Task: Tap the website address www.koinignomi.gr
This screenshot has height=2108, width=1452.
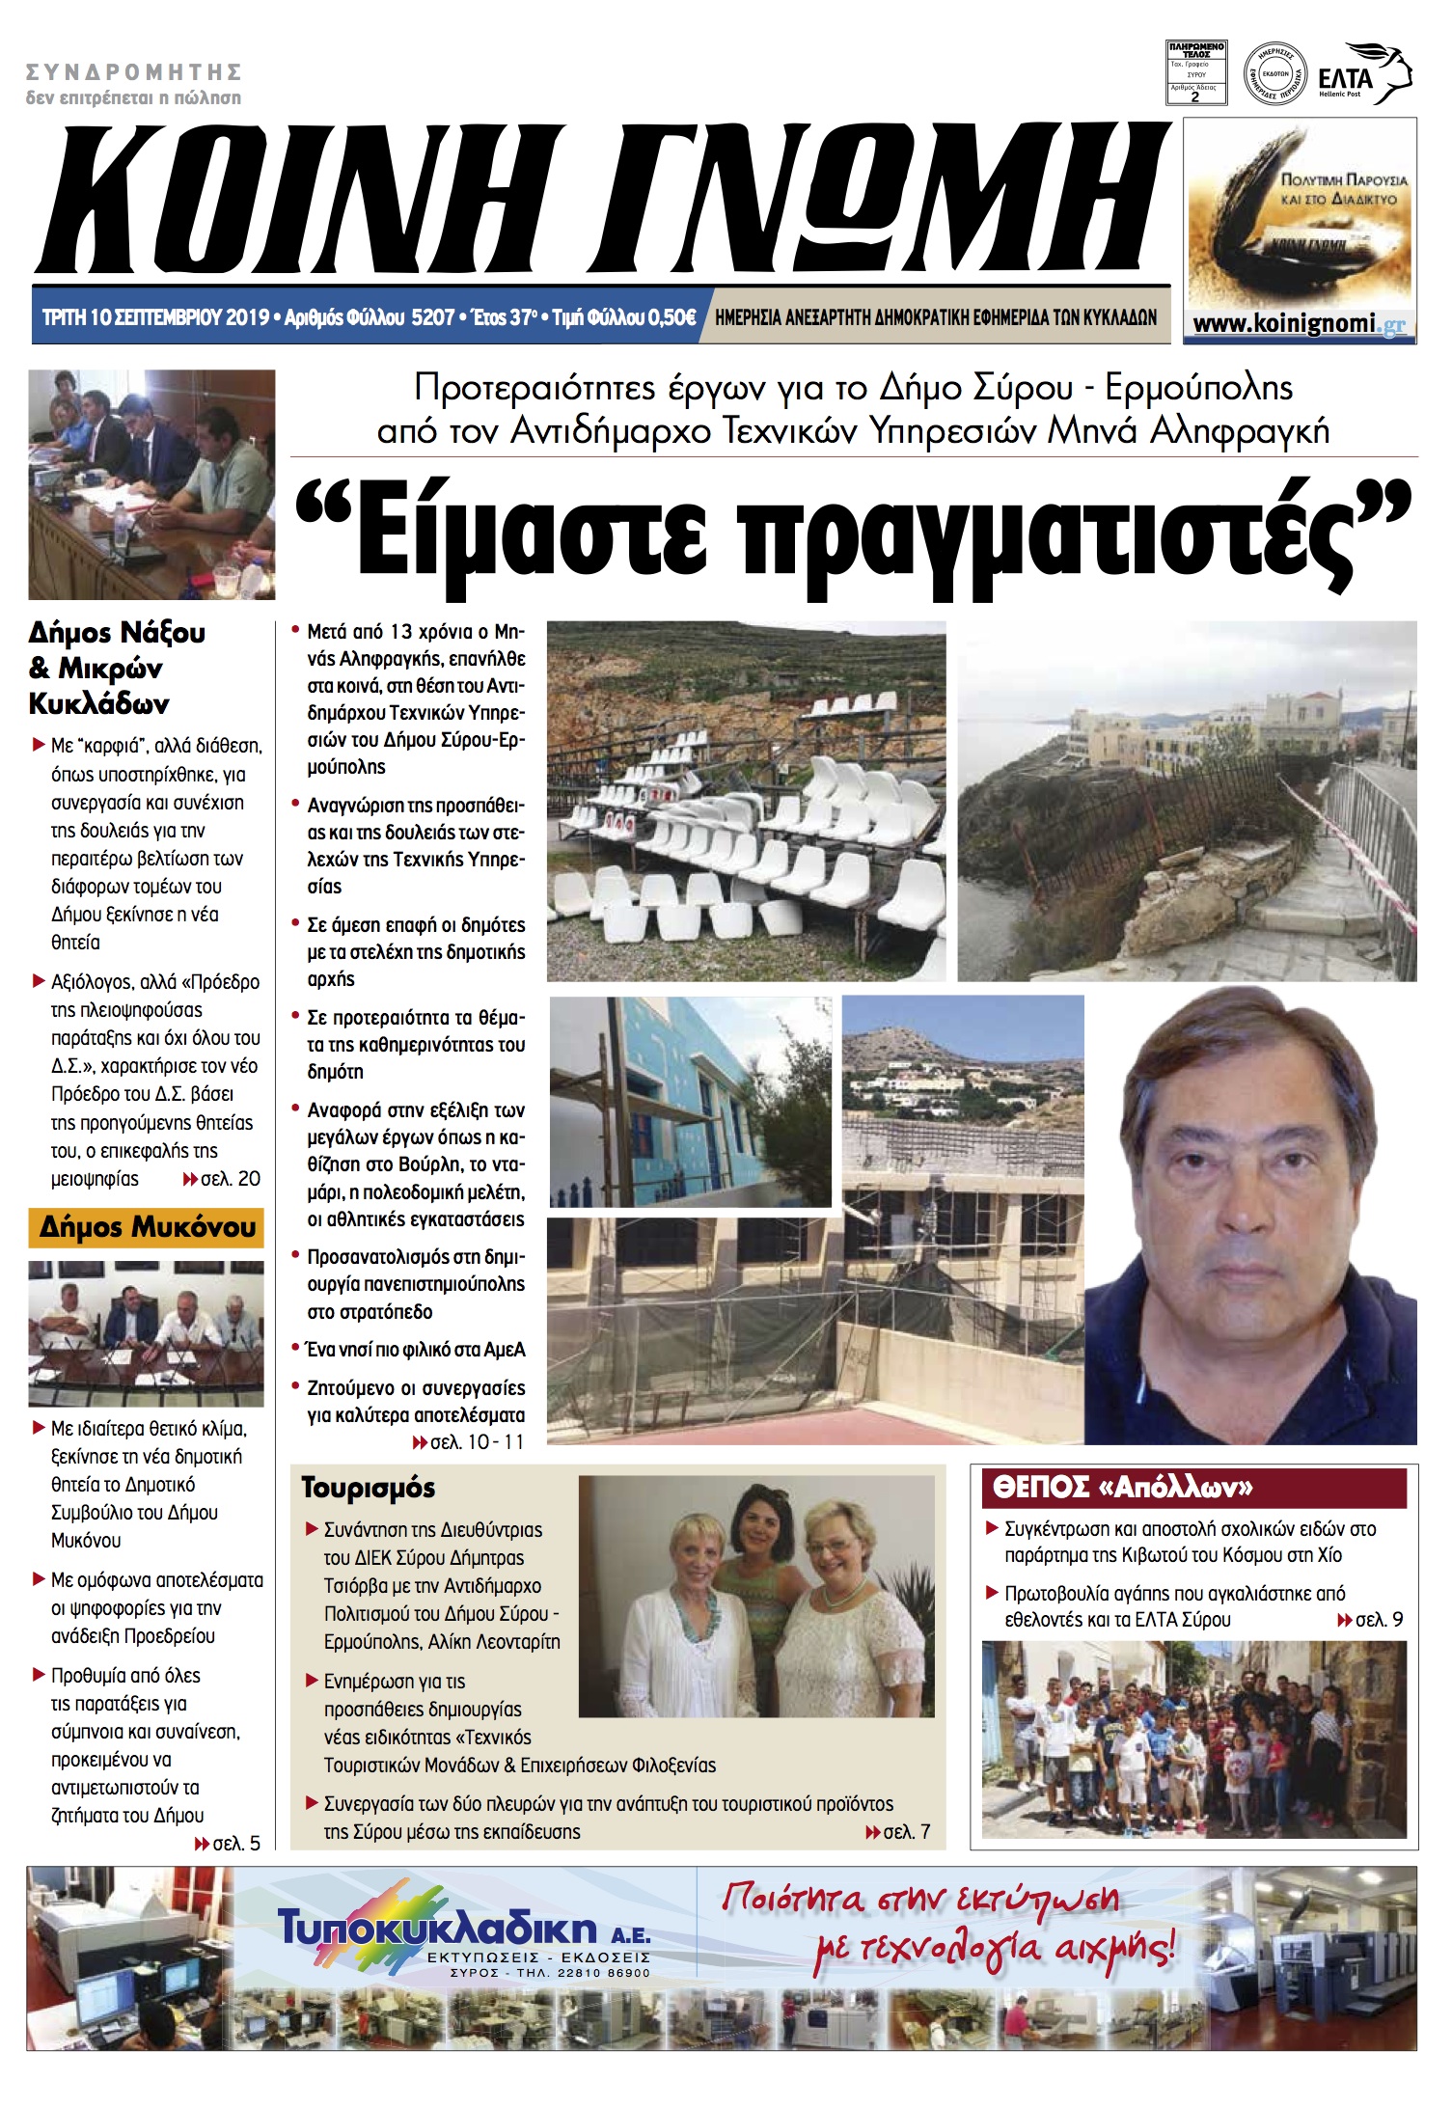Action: (1299, 324)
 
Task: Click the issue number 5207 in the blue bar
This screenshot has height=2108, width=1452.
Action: (432, 317)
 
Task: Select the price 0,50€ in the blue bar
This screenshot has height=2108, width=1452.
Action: (671, 317)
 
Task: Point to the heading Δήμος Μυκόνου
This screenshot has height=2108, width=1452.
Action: (147, 1227)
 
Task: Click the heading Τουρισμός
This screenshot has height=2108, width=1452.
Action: (368, 1488)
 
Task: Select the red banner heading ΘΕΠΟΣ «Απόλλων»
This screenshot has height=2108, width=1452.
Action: (1122, 1488)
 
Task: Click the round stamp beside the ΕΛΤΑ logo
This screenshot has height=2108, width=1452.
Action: (1274, 73)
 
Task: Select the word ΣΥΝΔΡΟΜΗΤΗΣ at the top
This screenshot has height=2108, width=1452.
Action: (134, 72)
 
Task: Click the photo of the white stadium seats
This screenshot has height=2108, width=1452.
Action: (746, 801)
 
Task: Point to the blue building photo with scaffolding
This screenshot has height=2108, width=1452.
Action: (690, 1102)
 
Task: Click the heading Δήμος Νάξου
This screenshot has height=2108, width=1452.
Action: (117, 633)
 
